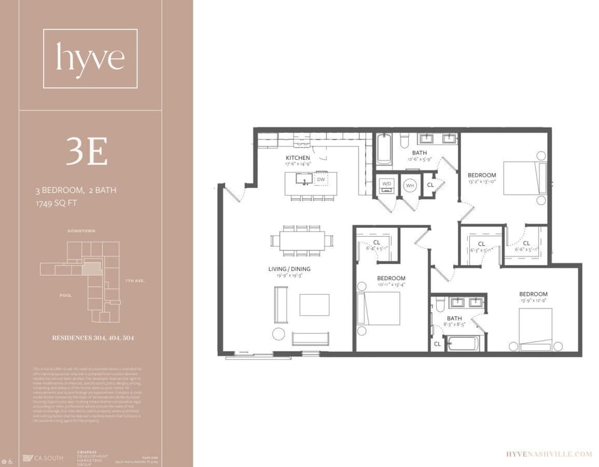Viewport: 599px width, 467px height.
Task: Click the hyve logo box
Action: (90, 58)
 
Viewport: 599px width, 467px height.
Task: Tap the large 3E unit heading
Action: (87, 151)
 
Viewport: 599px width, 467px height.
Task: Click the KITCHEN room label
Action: (298, 157)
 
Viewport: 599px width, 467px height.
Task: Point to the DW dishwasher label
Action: (321, 180)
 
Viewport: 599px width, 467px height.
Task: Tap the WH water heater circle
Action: (410, 185)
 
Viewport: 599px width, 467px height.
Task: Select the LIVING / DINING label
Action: (289, 269)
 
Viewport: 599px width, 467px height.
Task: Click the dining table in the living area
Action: (302, 240)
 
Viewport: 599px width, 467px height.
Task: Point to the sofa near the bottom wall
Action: (310, 339)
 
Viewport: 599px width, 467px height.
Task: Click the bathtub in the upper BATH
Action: (383, 149)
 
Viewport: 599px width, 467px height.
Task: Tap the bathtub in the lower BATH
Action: (462, 343)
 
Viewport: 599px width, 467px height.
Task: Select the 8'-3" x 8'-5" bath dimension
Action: (454, 325)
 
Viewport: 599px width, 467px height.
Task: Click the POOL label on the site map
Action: (66, 295)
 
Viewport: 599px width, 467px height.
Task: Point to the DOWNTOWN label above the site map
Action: (82, 231)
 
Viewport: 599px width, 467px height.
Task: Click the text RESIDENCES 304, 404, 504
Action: (93, 338)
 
